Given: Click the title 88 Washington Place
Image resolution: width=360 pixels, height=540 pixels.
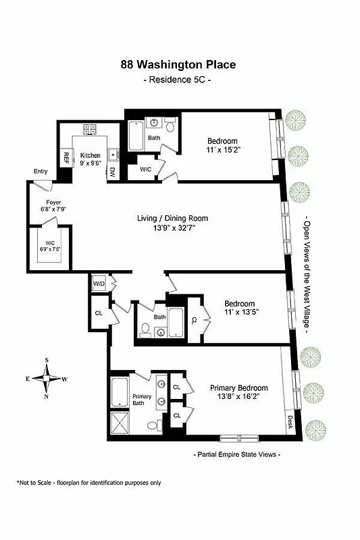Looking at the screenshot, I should point(179,65).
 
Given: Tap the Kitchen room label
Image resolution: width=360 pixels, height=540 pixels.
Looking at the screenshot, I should point(91,155).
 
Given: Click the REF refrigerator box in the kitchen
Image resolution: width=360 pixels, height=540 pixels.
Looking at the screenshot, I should point(66,159).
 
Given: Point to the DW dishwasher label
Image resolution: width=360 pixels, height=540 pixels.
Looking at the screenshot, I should point(113,173).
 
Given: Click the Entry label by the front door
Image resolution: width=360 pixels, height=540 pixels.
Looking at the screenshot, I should point(41,171).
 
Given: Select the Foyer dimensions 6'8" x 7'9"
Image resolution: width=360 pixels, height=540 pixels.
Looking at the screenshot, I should point(53,209).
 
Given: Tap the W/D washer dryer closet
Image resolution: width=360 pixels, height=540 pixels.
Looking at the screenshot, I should point(99,283).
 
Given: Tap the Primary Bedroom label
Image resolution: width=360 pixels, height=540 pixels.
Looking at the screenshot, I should point(238,388).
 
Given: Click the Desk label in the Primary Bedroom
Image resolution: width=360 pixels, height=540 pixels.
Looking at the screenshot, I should point(291,422).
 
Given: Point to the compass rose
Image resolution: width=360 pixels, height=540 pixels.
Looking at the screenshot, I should point(46,378).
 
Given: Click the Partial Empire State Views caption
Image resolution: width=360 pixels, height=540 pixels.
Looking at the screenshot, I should point(237,454).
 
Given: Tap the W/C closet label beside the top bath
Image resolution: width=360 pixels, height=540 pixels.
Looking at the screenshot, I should point(145,169).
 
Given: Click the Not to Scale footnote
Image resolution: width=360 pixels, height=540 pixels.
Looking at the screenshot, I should point(89,483).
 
